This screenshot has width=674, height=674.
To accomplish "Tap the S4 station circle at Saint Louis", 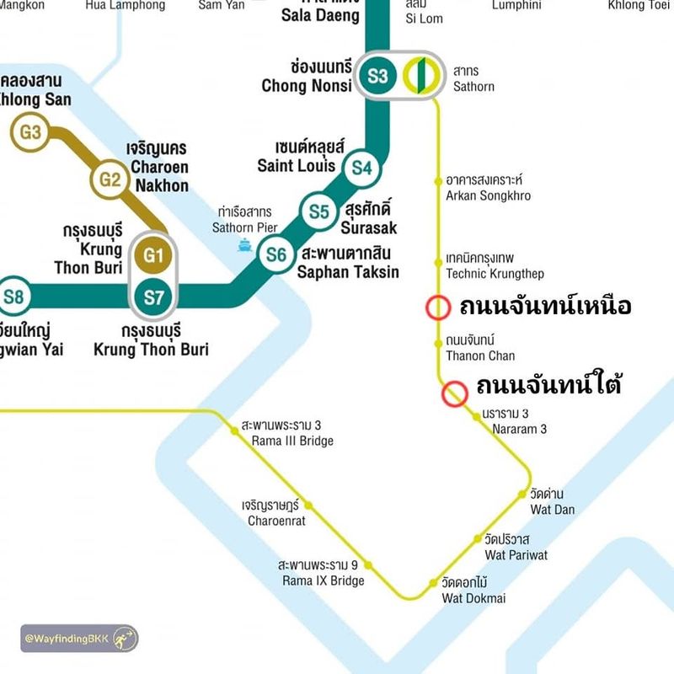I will click(361, 168).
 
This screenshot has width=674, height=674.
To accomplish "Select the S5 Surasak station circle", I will click(319, 211).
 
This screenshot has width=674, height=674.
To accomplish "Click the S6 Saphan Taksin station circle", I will click(276, 253).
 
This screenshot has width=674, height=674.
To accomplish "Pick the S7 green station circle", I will click(152, 296).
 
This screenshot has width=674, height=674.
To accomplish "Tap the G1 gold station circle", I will click(152, 255).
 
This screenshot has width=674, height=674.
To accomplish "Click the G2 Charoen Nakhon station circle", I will click(110, 179).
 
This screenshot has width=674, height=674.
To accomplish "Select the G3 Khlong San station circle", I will click(30, 131).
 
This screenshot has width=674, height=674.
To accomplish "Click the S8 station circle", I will click(13, 296).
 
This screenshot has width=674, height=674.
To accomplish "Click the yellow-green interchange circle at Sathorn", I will click(419, 76).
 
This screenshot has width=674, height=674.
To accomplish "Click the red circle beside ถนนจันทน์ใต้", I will click(455, 393).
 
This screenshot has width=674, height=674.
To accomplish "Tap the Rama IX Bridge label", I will click(324, 573).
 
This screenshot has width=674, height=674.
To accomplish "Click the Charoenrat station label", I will click(276, 513).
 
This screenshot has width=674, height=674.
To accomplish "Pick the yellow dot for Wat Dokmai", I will click(434, 583).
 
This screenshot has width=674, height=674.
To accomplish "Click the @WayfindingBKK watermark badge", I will click(80, 639).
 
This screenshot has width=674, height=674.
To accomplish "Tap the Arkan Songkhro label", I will click(488, 188).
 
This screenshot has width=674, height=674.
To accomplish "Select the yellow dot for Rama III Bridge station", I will click(235, 431).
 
